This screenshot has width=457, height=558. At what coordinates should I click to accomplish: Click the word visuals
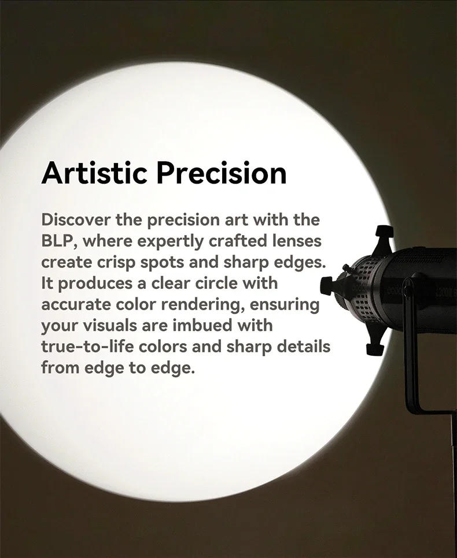tap(116, 325)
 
